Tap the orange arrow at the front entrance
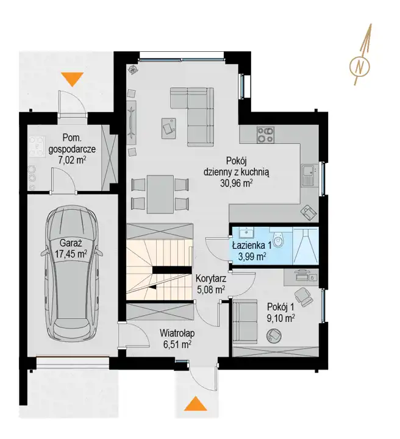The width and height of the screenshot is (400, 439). coord(195,404)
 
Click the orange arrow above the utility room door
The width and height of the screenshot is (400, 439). coord(73,79)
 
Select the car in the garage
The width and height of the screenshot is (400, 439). coord(72,272)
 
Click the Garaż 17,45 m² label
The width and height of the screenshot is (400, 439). coord(71,248)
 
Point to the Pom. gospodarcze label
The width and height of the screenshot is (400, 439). coord(72,143)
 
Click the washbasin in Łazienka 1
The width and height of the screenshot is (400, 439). coord(247,232)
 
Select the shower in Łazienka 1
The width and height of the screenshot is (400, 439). coord(305,245)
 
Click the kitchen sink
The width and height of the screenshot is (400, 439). coord(310,176)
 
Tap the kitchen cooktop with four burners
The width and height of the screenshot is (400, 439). coord(266,135)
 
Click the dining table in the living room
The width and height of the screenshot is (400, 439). coord(160,194)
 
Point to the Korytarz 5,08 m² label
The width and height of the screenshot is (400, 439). coord(211,284)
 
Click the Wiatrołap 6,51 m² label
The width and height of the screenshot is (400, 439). coord(177,338)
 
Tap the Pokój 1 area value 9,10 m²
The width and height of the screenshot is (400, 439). coord(280,318)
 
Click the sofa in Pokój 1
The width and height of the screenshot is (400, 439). coord(245,321)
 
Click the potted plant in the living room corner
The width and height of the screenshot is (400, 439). coord(134,69)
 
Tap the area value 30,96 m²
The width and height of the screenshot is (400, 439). coord(237,183)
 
